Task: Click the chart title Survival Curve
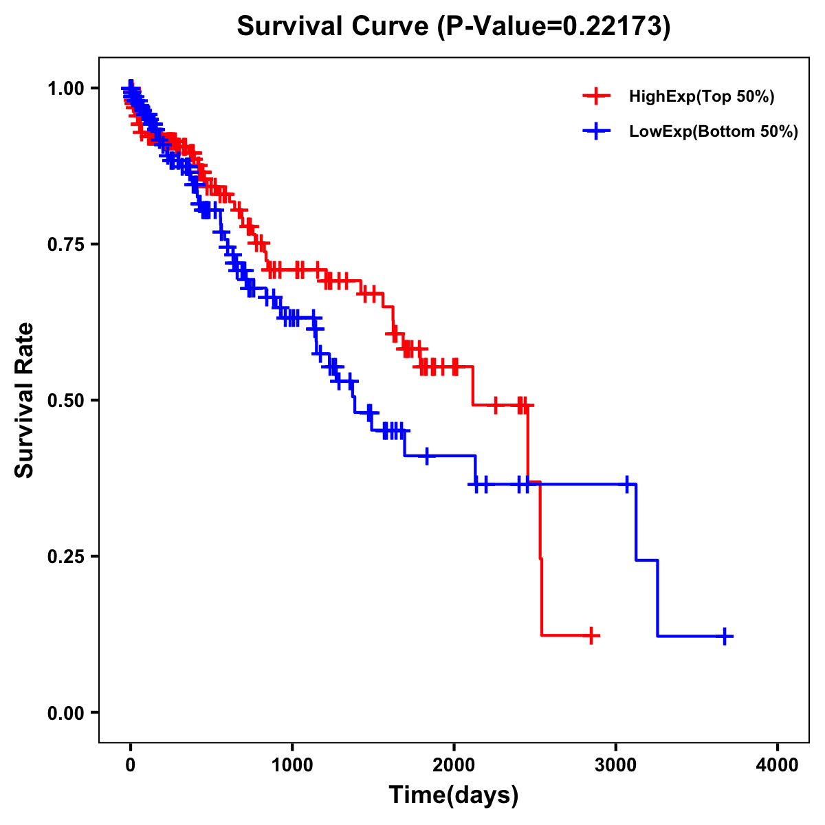pos(454,26)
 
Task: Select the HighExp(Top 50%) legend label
pos(702,97)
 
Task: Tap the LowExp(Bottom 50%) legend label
pos(714,132)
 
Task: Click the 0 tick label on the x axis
pos(131,765)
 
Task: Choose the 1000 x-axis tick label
pos(292,765)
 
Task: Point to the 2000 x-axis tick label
pos(454,765)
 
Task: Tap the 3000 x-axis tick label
pos(616,765)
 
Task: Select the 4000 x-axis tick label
pos(778,765)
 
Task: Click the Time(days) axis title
pos(454,795)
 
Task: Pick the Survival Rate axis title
pos(25,400)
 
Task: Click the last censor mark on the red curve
pos(591,636)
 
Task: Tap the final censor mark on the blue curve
pos(725,636)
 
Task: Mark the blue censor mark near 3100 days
pos(627,485)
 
